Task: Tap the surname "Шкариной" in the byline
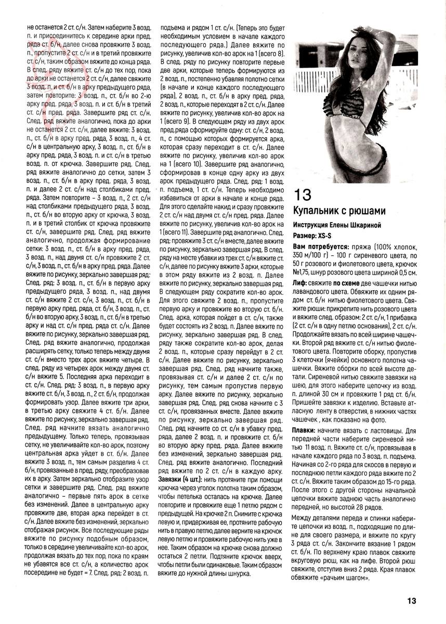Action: pos(364,224)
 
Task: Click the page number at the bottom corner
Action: pos(411,601)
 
